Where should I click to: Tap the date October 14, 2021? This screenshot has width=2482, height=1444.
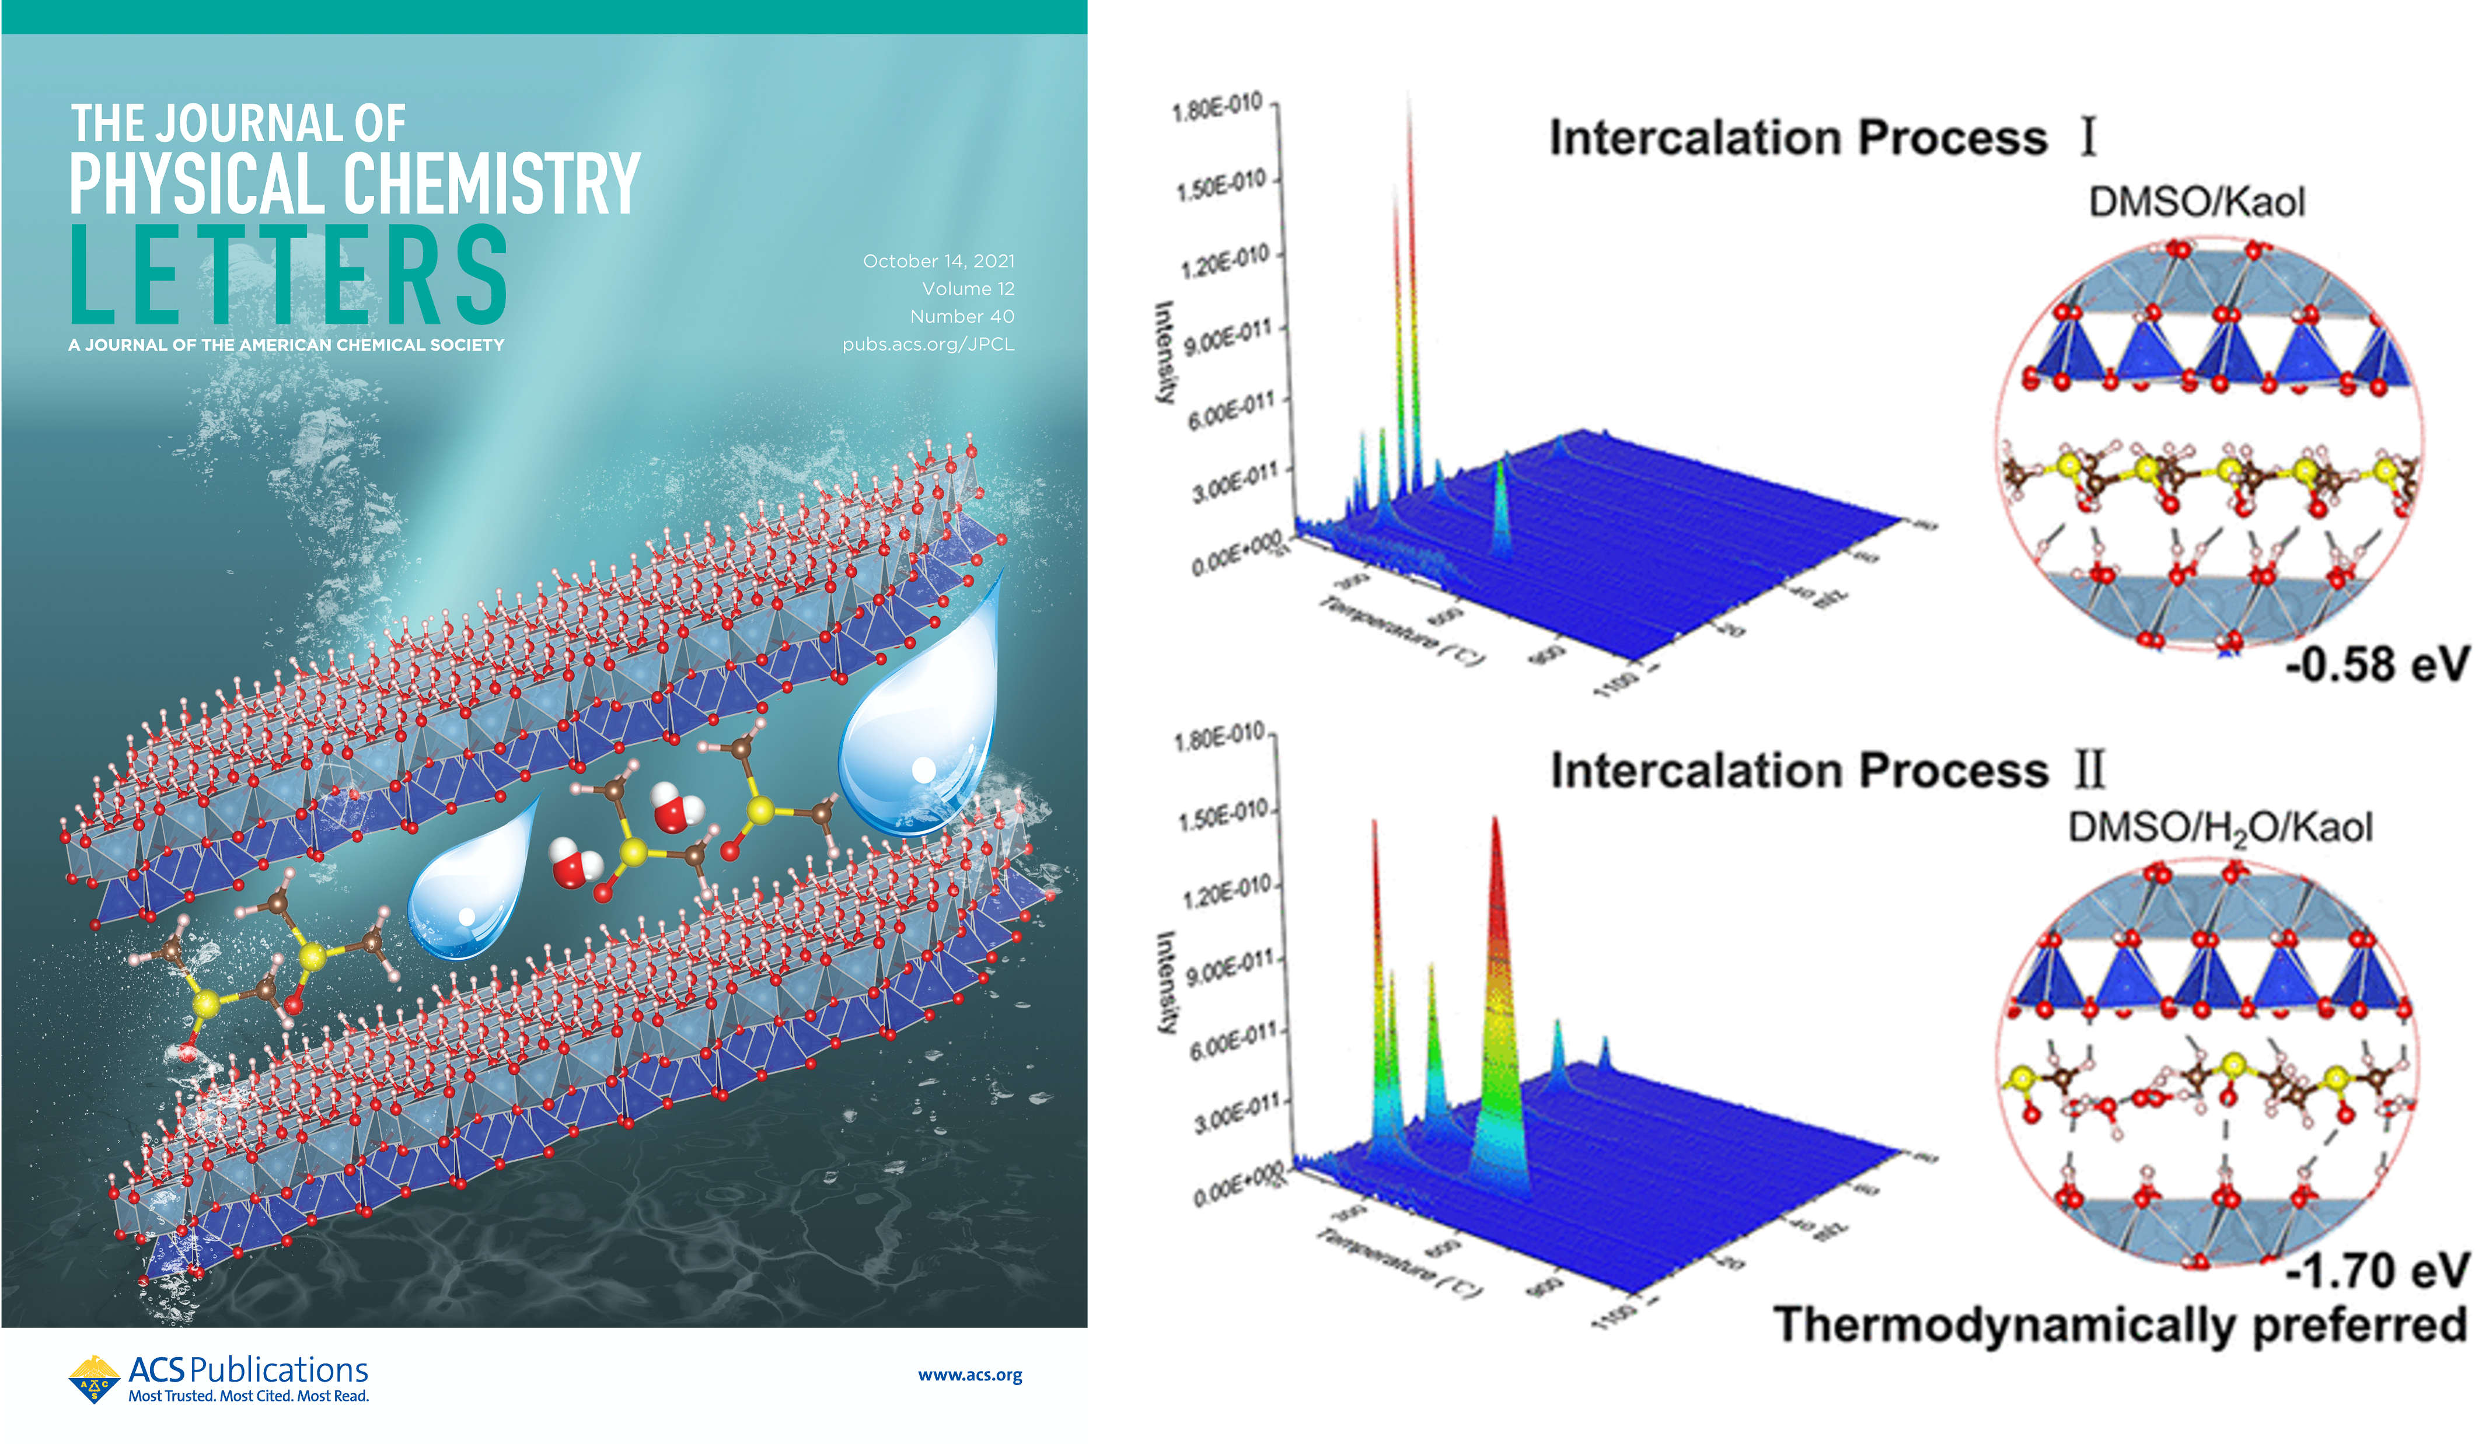(x=938, y=261)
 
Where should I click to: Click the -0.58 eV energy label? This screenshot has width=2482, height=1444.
(x=2376, y=665)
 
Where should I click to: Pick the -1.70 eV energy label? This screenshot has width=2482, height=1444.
(x=2376, y=1271)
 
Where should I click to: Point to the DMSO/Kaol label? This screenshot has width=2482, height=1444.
(x=2197, y=202)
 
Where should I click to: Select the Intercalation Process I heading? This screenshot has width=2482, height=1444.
(x=1822, y=138)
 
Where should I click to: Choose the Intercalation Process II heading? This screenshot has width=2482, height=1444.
(x=1827, y=770)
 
